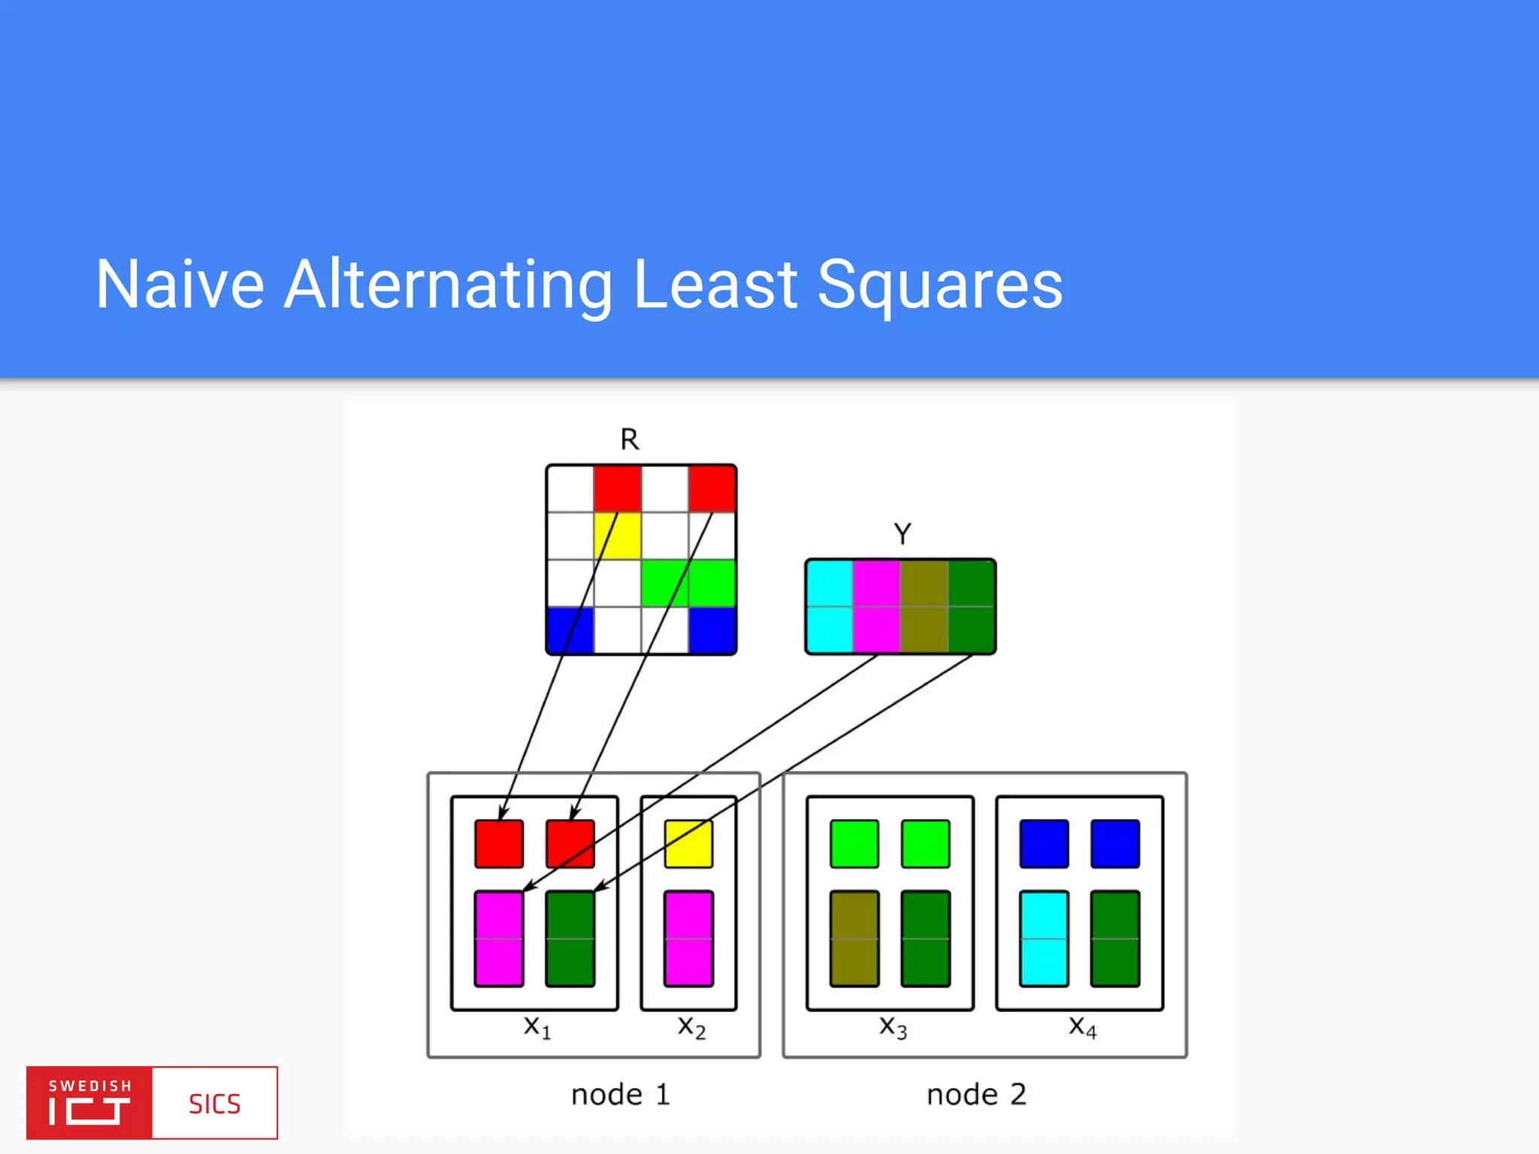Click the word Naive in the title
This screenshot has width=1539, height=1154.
180,285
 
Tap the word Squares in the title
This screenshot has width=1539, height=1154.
939,285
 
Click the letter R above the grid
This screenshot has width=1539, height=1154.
630,440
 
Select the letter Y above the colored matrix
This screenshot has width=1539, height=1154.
903,534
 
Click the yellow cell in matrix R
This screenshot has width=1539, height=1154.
618,536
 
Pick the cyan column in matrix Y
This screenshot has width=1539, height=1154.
830,606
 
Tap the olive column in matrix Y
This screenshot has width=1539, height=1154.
924,606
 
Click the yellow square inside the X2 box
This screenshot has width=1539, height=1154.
688,844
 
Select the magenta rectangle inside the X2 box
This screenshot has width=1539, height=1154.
688,938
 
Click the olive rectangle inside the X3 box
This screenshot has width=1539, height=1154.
854,938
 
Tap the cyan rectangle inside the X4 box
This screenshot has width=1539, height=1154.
1044,938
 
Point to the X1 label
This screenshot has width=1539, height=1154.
537,1027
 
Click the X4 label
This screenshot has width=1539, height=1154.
1083,1027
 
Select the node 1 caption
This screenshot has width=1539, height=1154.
620,1095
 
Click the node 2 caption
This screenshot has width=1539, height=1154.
976,1095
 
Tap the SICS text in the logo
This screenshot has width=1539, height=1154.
214,1104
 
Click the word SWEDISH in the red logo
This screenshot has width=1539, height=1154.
90,1086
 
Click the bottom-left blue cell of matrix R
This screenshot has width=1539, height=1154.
570,630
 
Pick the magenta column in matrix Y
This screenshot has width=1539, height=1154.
877,606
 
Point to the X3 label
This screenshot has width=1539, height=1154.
893,1027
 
